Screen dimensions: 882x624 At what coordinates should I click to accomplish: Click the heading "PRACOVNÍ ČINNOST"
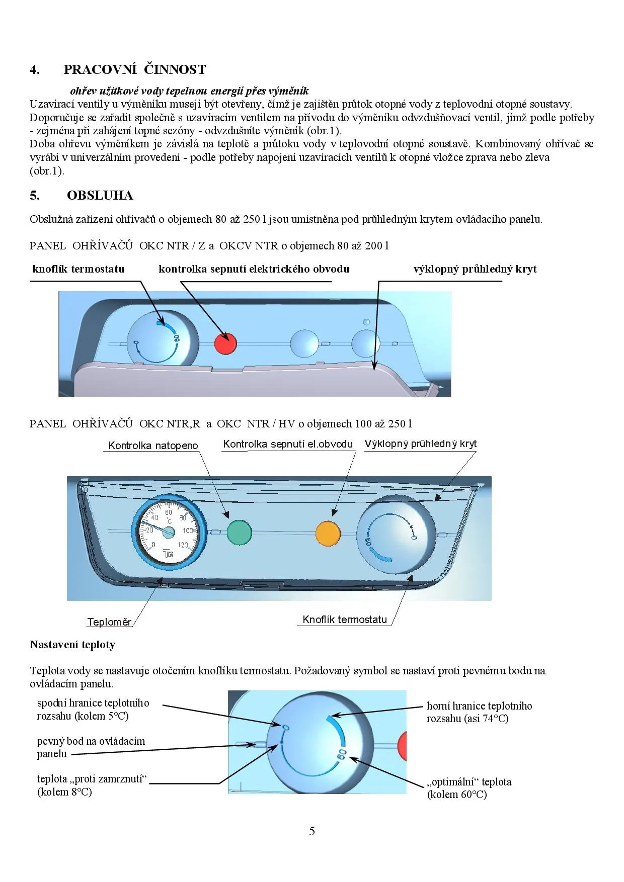click(x=134, y=69)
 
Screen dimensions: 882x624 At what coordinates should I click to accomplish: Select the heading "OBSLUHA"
click(x=100, y=195)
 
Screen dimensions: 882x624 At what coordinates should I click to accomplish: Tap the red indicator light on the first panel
click(x=225, y=343)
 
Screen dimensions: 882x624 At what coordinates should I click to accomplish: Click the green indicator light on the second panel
click(x=239, y=533)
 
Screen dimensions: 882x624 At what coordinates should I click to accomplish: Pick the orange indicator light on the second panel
click(x=328, y=534)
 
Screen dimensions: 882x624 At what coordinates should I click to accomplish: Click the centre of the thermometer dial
click(x=169, y=532)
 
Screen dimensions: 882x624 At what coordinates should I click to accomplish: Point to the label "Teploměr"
click(x=109, y=622)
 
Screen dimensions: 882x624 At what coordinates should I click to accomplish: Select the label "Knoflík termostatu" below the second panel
click(x=345, y=620)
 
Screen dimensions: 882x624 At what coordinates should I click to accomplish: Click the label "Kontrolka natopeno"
click(x=153, y=446)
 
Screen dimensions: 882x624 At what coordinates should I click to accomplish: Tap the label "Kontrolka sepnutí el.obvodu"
click(x=288, y=444)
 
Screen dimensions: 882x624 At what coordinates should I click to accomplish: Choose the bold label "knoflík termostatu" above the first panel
click(x=79, y=269)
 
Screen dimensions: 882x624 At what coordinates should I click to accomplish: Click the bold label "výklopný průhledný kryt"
click(x=475, y=269)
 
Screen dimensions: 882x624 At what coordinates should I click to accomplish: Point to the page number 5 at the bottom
click(x=312, y=831)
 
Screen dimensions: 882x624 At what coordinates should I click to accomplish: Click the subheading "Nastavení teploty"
click(x=72, y=645)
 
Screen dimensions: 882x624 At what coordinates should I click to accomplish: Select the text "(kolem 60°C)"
click(x=457, y=795)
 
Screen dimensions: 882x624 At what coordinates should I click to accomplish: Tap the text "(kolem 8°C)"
click(x=64, y=792)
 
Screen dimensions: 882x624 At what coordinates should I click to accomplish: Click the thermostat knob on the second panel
click(x=396, y=534)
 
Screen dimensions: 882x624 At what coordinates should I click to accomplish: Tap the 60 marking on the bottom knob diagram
click(x=342, y=754)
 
